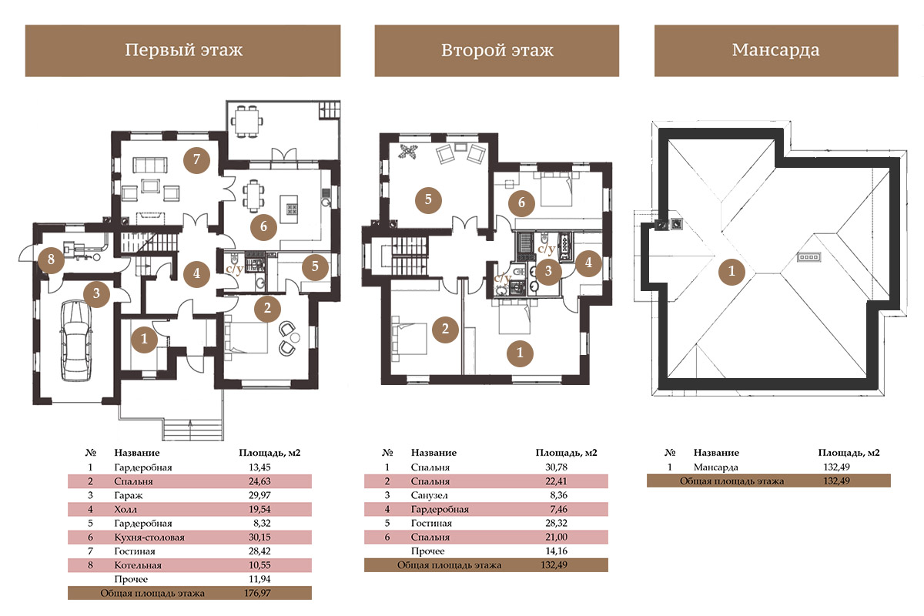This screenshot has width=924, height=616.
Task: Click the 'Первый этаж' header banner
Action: [x=182, y=51]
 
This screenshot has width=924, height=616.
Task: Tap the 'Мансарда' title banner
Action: [x=776, y=51]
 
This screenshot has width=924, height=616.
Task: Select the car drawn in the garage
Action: [x=76, y=340]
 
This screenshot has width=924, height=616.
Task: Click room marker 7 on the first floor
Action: [x=196, y=159]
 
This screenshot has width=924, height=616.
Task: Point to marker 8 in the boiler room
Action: [x=51, y=259]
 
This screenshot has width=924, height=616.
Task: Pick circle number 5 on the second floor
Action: [x=428, y=199]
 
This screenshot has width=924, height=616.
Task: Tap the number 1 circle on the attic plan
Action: [x=731, y=271]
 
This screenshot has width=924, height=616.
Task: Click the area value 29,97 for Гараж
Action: [x=259, y=495]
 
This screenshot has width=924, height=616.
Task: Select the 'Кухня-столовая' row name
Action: [x=149, y=537]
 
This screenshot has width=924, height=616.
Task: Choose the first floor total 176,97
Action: [x=257, y=593]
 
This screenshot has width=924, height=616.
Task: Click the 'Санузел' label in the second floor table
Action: [x=429, y=495]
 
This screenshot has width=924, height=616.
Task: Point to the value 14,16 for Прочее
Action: [x=556, y=551]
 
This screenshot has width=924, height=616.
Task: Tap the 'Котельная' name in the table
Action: [x=138, y=565]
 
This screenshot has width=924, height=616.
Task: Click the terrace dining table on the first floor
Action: [x=246, y=121]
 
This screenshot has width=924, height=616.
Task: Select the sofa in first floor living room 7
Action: [x=150, y=165]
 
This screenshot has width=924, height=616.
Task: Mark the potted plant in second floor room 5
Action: [x=407, y=152]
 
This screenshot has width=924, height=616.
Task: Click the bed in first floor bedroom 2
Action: [x=246, y=337]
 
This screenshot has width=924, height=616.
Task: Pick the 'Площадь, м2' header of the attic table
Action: [x=849, y=453]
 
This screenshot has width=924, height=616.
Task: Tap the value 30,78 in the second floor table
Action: [x=556, y=467]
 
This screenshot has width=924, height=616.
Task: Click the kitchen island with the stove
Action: [x=290, y=209]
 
